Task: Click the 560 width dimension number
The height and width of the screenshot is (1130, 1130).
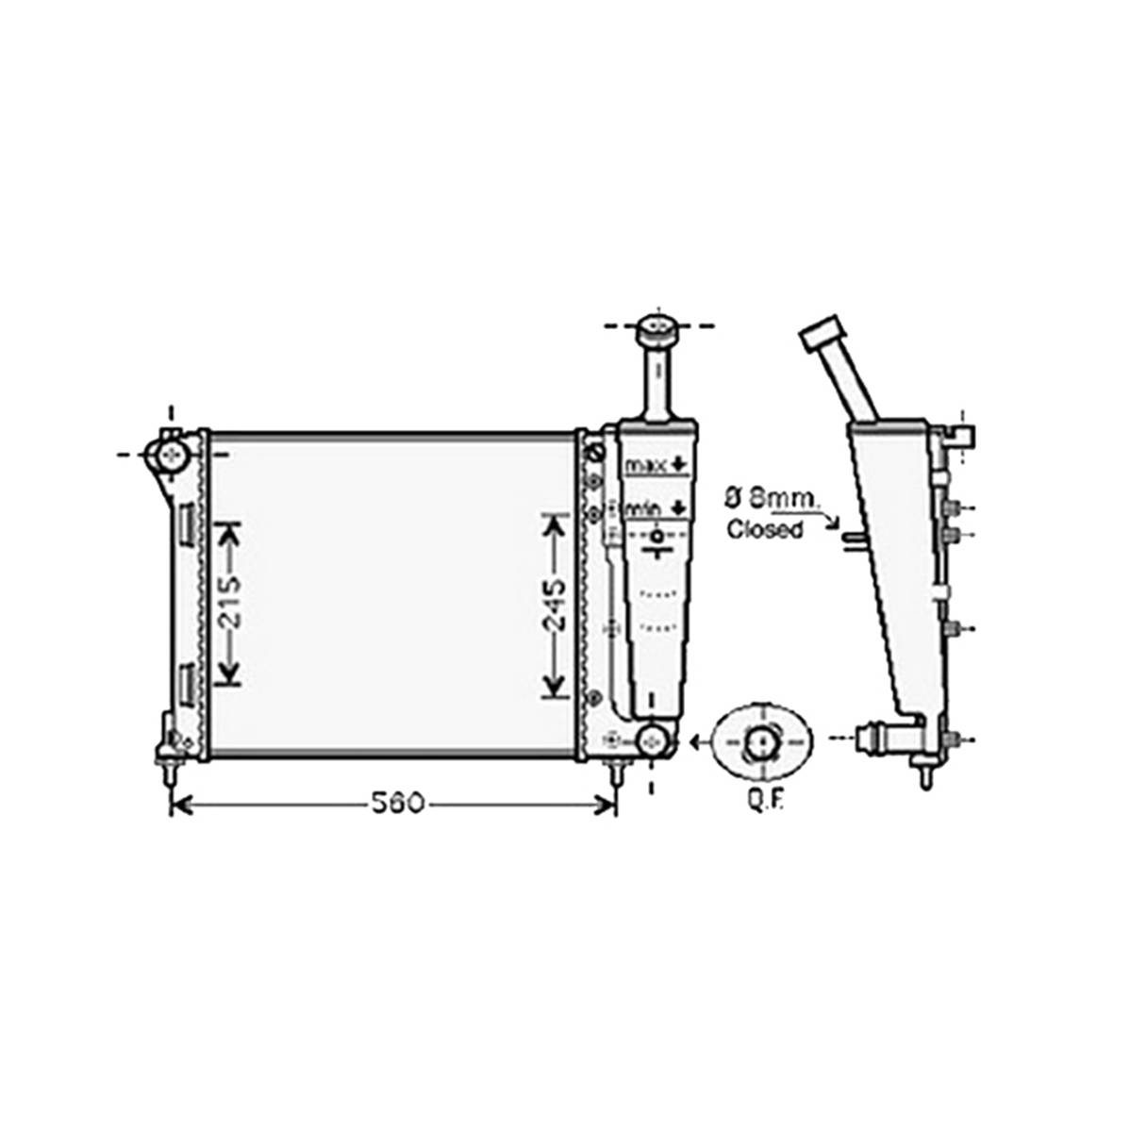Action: (397, 802)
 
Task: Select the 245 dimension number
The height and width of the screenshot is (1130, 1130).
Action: (555, 606)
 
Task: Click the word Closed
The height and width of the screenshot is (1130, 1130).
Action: (765, 530)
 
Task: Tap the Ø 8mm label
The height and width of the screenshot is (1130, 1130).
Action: (771, 497)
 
